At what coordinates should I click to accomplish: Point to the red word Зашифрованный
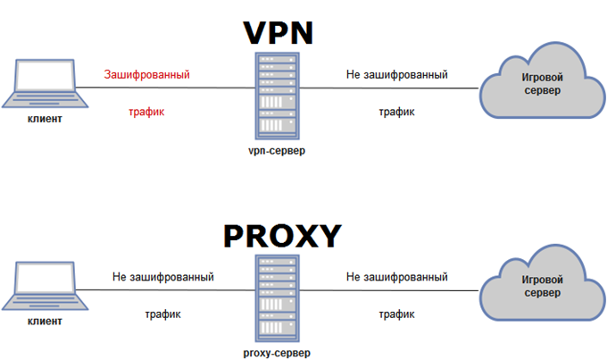coord(147,74)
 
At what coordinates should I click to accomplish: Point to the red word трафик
coord(147,113)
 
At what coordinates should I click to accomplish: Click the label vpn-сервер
coord(276,151)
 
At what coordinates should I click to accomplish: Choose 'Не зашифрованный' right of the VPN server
coord(396,74)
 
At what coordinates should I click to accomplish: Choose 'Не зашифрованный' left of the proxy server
coord(162,278)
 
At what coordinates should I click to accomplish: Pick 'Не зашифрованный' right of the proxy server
coord(396,278)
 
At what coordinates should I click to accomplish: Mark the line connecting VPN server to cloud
coord(393,89)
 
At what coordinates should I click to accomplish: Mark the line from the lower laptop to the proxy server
coord(161,290)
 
